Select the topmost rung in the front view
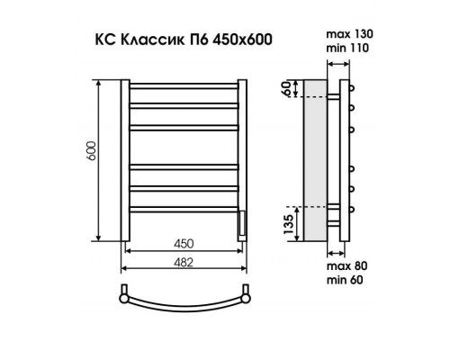click(x=184, y=88)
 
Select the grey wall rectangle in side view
click(x=315, y=161)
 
